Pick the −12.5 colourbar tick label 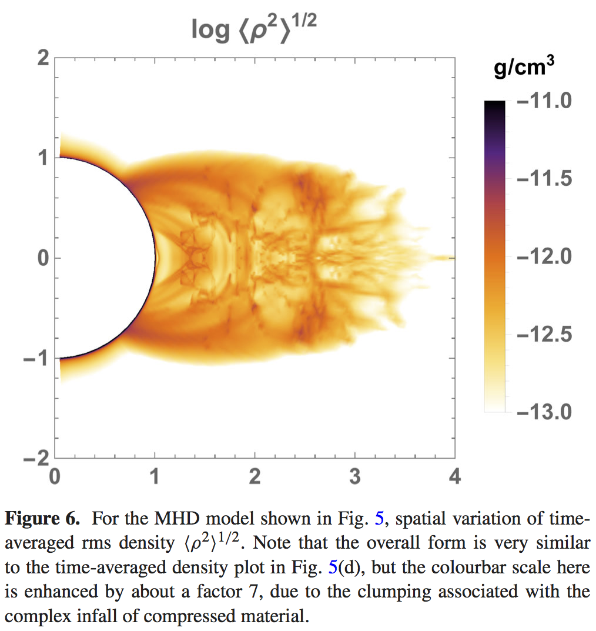tap(544, 335)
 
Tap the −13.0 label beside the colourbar tap(544, 412)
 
